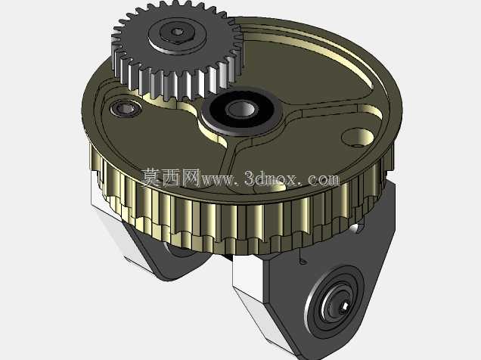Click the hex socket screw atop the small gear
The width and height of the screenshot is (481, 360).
177,32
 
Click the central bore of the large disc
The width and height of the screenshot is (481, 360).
241,109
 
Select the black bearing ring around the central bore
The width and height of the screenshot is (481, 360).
241,110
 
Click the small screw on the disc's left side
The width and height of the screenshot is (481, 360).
126,108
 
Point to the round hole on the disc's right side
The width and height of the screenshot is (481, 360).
358,138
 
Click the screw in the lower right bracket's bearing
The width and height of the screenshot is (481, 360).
344,306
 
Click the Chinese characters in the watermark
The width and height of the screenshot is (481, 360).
171,178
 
